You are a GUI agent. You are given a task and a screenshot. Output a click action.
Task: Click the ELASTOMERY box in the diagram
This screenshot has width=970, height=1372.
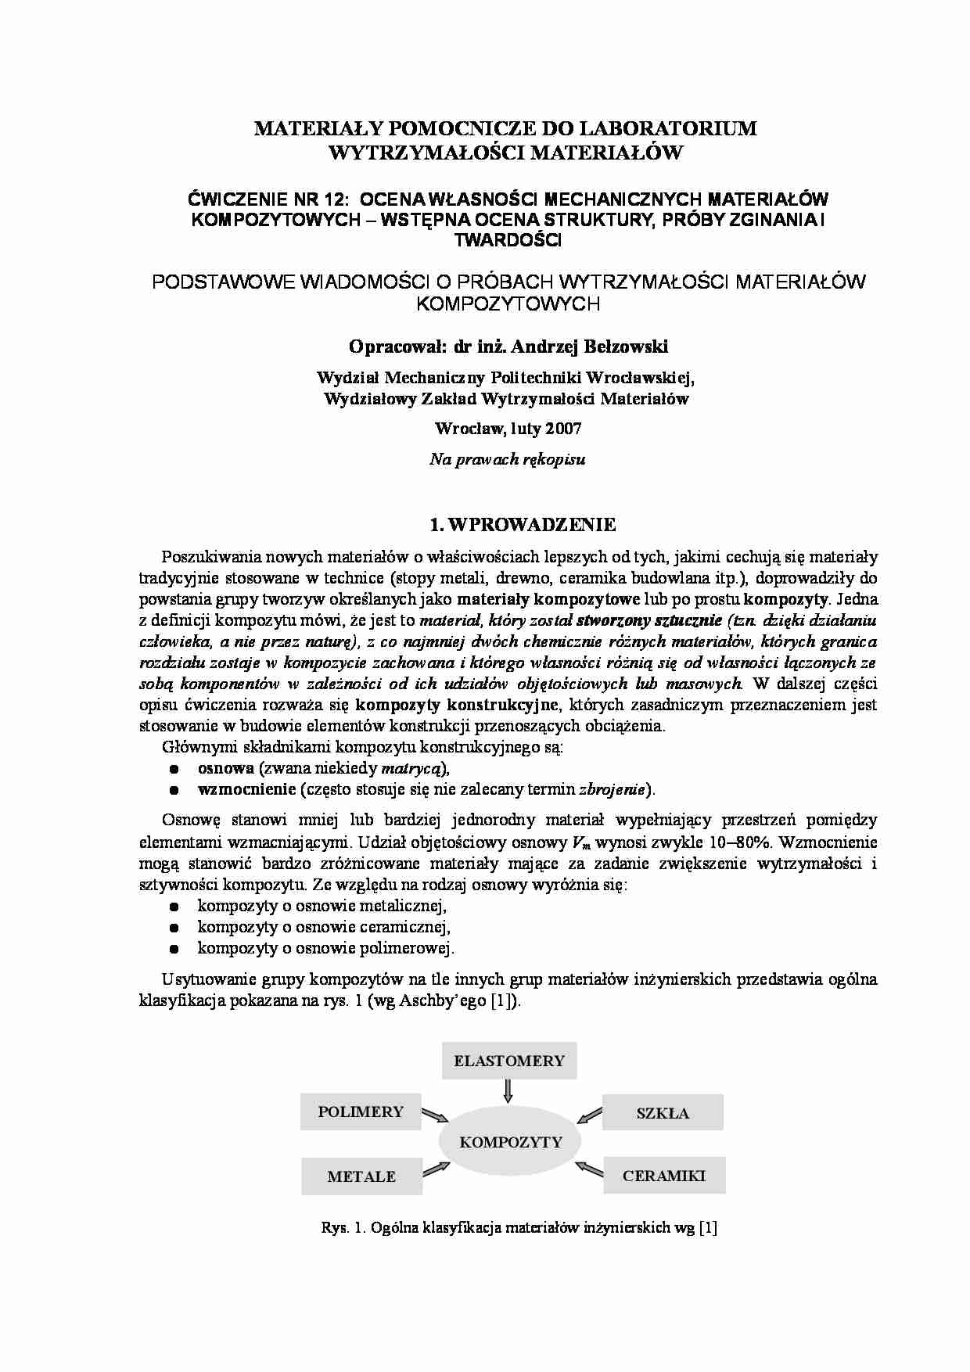509,1061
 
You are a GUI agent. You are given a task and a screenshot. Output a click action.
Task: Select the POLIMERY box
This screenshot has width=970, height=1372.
361,1112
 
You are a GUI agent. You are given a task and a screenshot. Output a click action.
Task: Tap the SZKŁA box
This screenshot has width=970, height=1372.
663,1112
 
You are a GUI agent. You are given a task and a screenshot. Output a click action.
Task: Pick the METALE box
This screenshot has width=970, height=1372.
361,1176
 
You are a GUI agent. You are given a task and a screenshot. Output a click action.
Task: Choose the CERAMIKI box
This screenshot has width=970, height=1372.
664,1175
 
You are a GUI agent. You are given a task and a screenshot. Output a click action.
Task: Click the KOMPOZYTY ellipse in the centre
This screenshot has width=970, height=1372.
511,1142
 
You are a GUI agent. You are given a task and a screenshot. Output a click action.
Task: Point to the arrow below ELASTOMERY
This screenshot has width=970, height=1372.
508,1090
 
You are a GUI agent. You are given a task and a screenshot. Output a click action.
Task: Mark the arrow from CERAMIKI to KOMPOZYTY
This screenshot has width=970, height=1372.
589,1169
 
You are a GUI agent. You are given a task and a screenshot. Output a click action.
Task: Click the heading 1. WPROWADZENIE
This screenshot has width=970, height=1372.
523,524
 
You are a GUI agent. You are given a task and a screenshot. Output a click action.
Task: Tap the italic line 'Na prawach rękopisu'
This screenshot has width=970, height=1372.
507,460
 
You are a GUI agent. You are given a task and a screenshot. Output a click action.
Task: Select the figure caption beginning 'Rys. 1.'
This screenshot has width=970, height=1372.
519,1227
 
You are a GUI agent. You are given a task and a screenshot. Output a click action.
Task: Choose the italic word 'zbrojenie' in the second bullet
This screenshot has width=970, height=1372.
612,789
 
